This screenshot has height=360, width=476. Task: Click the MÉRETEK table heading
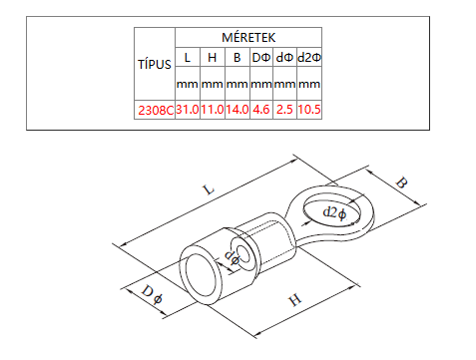[x=248, y=37]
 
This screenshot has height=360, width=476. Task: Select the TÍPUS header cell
[x=155, y=64]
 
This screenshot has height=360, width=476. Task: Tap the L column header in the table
[x=188, y=58]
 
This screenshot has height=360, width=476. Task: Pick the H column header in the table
[x=212, y=58]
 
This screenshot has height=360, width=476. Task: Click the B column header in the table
[x=237, y=58]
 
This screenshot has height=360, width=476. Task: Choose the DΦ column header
[x=261, y=58]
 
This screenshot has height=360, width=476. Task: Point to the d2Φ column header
[x=309, y=58]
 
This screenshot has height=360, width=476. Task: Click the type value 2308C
[x=156, y=110]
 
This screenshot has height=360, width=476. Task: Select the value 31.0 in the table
[x=188, y=109]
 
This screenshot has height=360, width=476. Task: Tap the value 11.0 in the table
[x=213, y=109]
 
